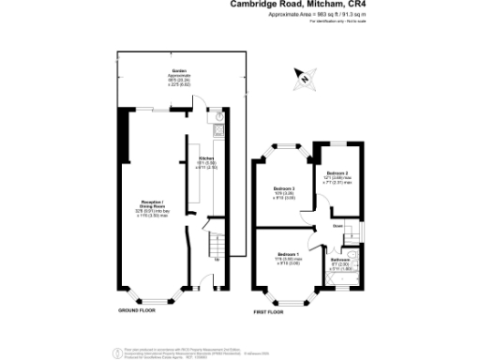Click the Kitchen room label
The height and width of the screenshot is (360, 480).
(206, 159)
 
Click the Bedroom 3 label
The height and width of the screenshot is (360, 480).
(284, 189)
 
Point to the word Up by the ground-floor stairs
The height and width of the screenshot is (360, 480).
(217, 259)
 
